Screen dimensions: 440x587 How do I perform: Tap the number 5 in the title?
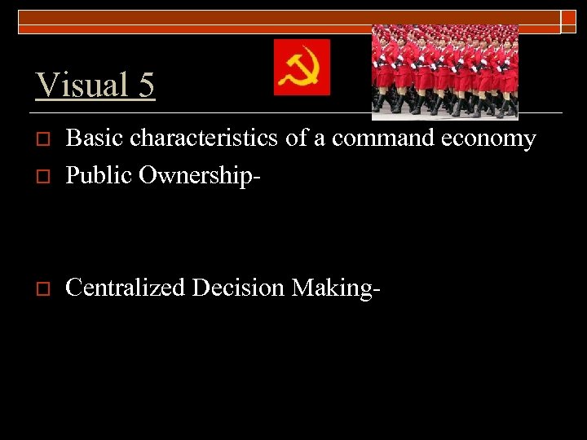pos(144,86)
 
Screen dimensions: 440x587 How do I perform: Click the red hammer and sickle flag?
pos(302,67)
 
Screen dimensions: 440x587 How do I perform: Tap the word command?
pos(386,139)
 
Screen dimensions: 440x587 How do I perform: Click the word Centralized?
pos(125,287)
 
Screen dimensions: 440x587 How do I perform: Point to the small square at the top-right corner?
pos(568,22)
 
